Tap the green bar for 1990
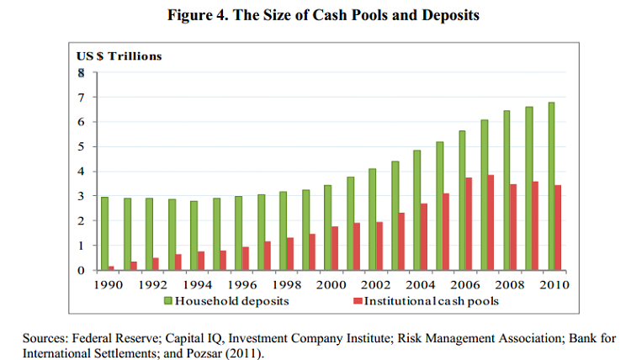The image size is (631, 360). tap(104, 234)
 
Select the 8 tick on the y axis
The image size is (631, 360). tap(81, 73)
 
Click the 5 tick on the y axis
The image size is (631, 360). tap(81, 147)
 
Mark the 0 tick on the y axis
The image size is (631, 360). tap(81, 271)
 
